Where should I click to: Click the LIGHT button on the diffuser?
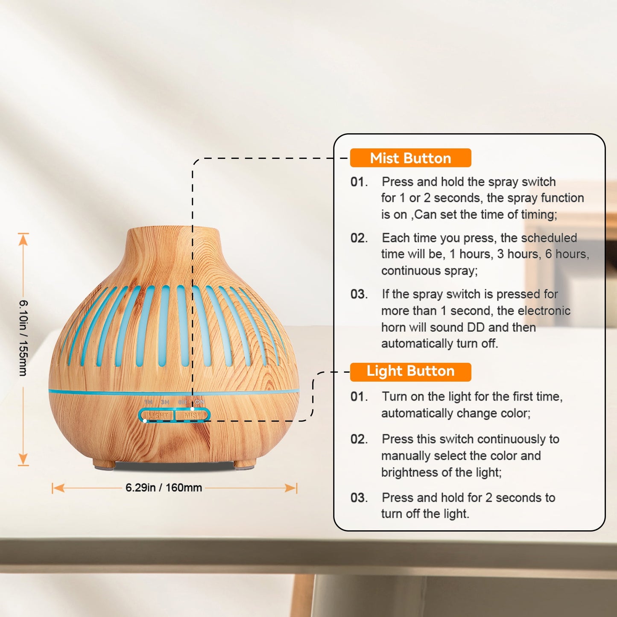pos(157,415)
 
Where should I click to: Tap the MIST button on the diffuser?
pos(192,415)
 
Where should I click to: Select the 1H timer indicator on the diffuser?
pos(148,402)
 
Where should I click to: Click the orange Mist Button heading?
pos(410,158)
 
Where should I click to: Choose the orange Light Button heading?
pos(410,372)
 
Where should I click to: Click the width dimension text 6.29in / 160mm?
pos(164,488)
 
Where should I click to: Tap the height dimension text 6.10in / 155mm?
pos(23,338)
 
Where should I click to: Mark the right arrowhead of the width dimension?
pos(291,488)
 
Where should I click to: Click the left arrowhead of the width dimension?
pos(58,488)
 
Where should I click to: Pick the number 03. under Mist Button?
pos(359,294)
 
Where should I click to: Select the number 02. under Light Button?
pos(359,439)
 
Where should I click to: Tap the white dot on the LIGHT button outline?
pos(145,421)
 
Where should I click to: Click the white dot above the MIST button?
pos(192,409)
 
